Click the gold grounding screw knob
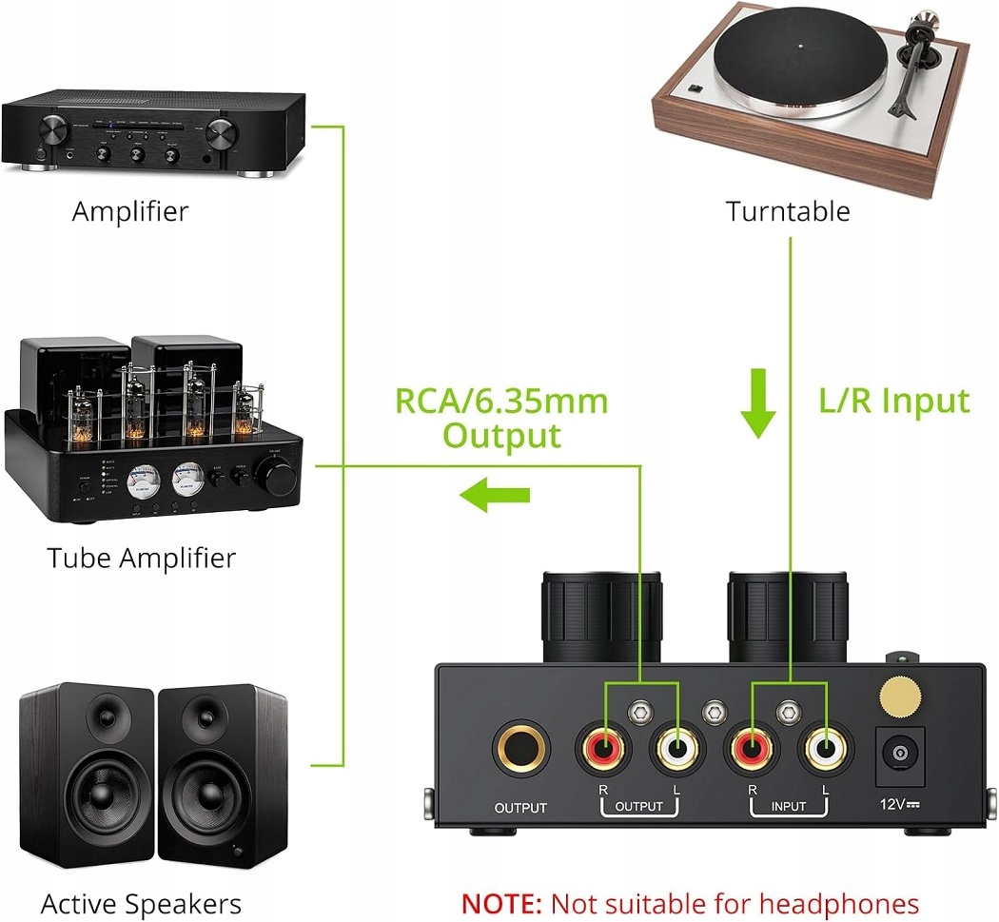tap(899, 697)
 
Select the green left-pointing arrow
tap(495, 494)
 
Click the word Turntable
tap(788, 211)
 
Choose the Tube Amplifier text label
tap(141, 558)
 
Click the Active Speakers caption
tap(141, 903)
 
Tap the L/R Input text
tap(894, 401)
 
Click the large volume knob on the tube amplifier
tap(281, 474)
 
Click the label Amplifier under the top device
tap(130, 211)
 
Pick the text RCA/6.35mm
tap(502, 401)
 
